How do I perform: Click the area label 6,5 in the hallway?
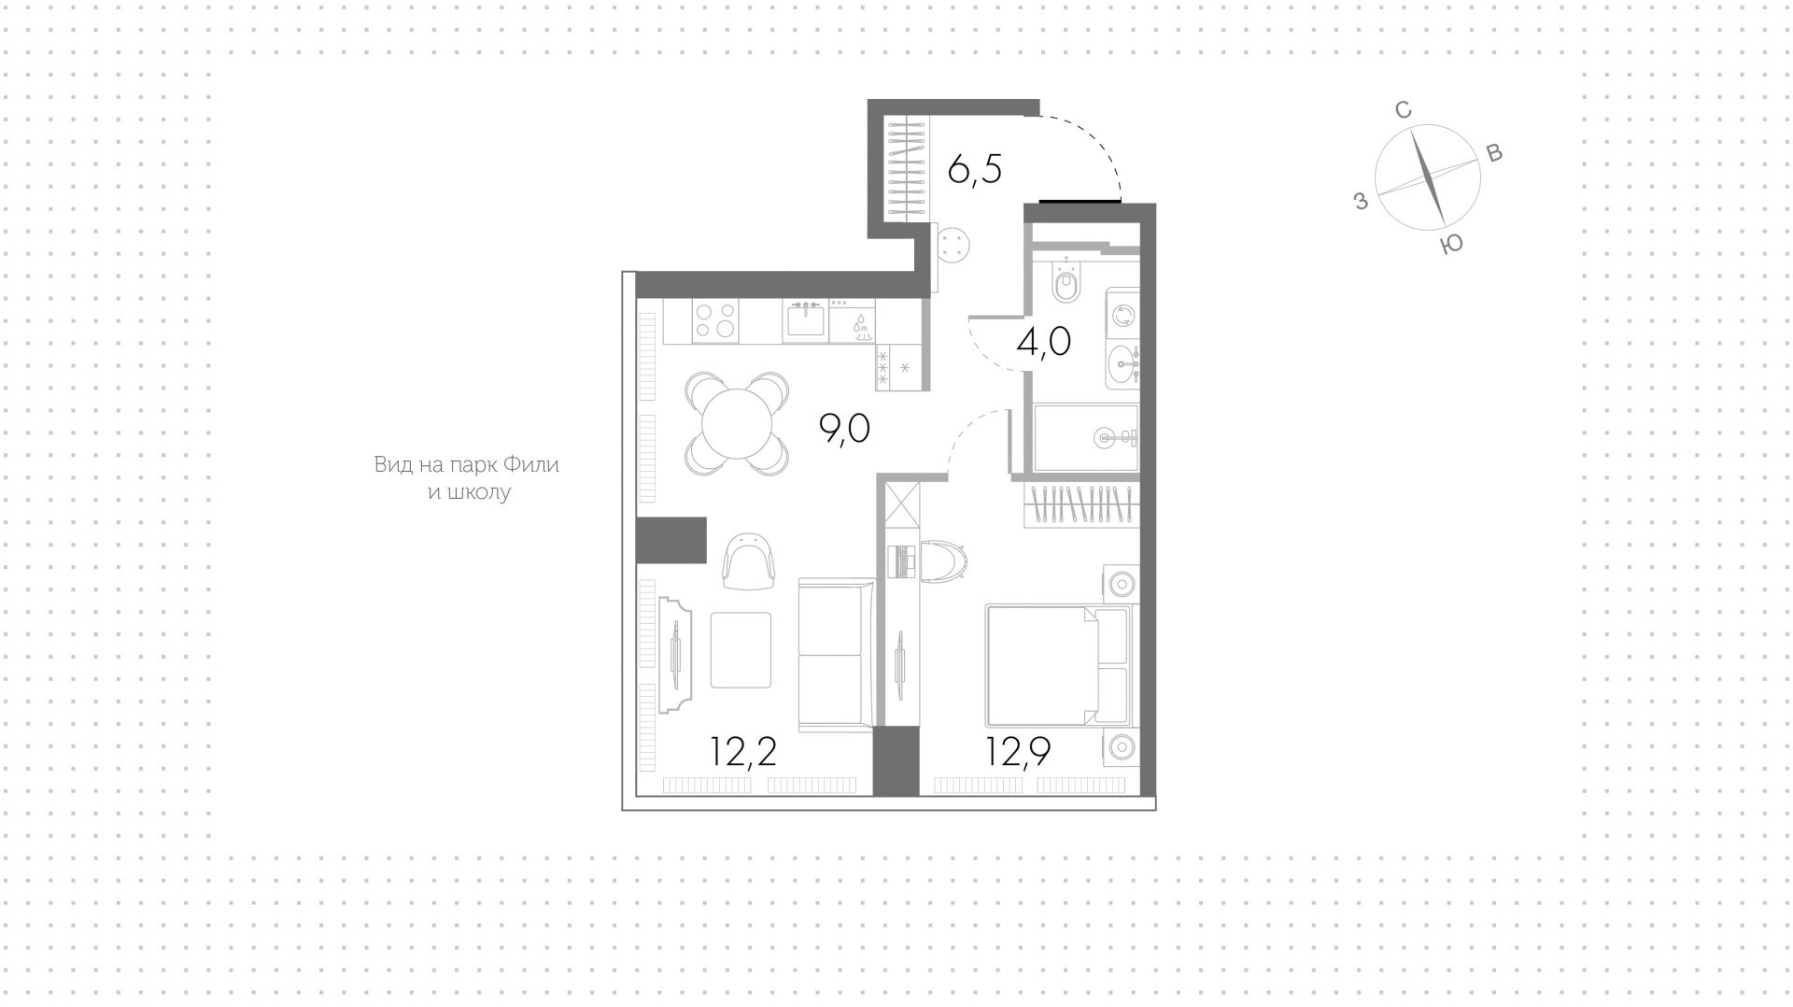coord(974,171)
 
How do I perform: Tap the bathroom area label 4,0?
coord(1043,343)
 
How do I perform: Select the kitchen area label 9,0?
coord(844,429)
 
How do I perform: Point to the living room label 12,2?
coord(743,751)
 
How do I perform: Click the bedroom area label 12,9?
coord(1019,751)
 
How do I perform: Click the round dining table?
coord(738,423)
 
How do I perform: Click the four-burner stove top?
coord(714,320)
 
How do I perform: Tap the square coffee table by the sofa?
coord(741,650)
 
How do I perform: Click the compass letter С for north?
coord(1403,110)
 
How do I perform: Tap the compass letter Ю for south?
coord(1451,245)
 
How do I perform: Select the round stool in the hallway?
coord(953,247)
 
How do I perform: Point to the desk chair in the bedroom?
coord(944,561)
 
